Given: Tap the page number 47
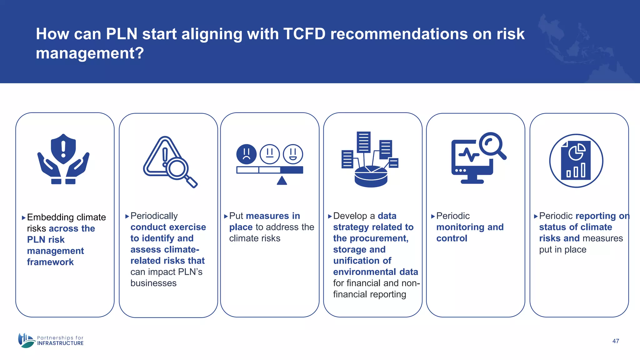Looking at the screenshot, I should pos(616,341).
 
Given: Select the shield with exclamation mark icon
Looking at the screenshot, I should pos(63,149).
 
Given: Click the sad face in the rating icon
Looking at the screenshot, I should pos(246,154).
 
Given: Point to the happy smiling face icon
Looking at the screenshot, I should pos(293,154).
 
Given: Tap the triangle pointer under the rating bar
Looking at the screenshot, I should pos(282,181).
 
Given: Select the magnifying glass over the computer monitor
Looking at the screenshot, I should pos(492,145).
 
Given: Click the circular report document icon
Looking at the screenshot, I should pos(576,161).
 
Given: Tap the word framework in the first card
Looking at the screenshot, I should pos(50,262).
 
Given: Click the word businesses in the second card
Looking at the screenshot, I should pos(153,283).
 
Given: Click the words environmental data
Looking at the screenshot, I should pos(375,272).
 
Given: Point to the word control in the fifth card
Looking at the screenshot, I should pos(452,238).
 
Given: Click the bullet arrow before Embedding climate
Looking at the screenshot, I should pos(24,218).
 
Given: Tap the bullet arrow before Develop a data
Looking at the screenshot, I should pos(330,216).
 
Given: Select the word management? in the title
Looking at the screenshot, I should pos(90,53).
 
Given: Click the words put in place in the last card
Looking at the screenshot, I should pos(562,250).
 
